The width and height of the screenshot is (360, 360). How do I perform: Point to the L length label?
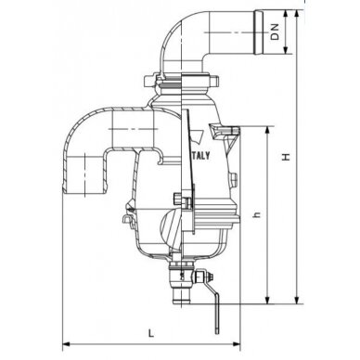pyautogui.click(x=148, y=330)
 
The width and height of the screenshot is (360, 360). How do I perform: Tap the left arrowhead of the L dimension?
pyautogui.click(x=67, y=340)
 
